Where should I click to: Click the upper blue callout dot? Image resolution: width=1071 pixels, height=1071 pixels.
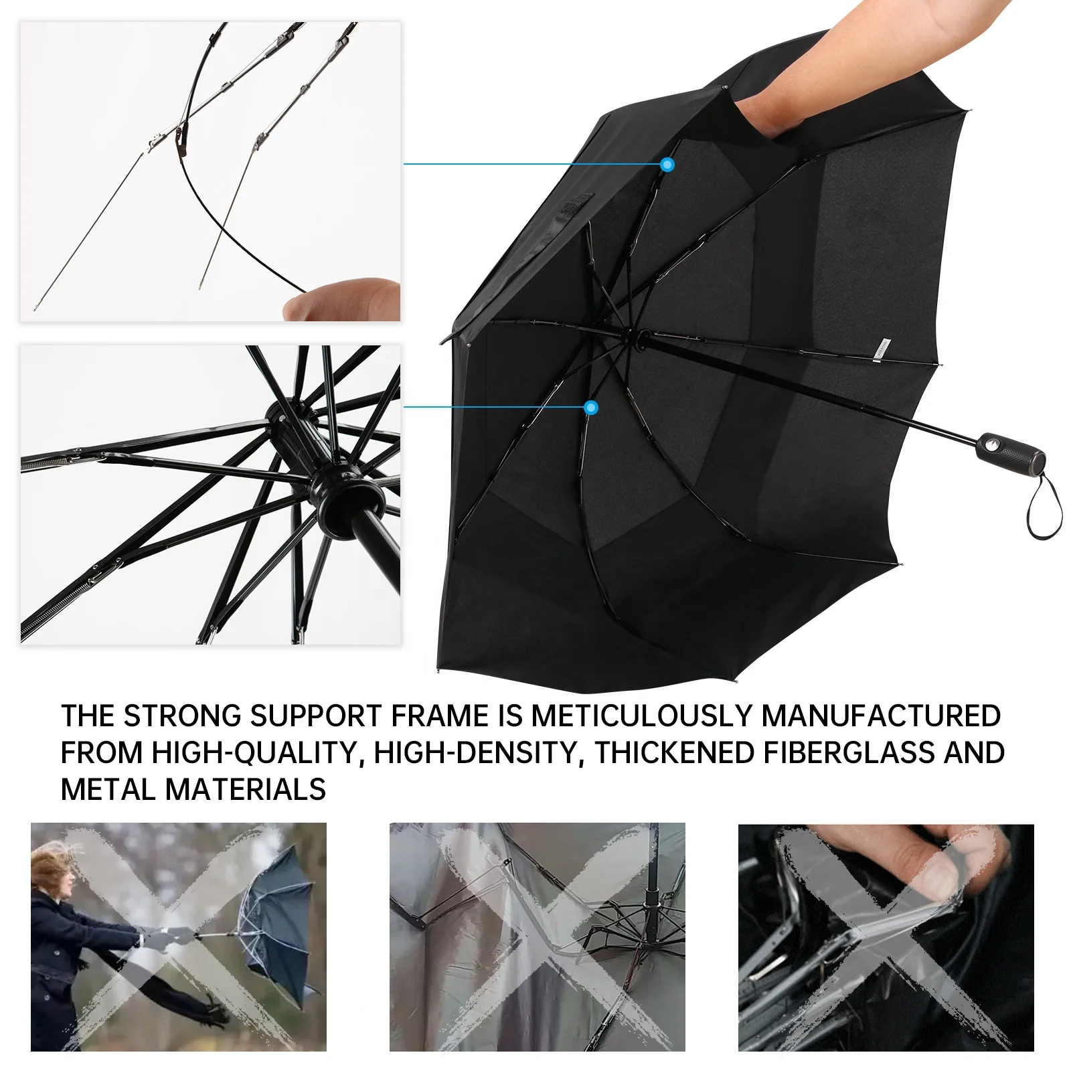point(667,164)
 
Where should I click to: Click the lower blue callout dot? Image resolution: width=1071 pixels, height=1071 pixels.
point(590,407)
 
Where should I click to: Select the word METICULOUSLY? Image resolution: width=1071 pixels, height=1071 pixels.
point(642,716)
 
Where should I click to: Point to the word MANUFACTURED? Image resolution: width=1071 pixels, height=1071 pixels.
point(881,716)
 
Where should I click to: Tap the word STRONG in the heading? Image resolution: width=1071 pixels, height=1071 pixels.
point(182,716)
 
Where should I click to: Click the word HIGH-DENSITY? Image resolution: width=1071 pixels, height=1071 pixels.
point(475,752)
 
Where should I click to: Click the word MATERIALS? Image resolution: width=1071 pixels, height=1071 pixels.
point(246,789)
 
